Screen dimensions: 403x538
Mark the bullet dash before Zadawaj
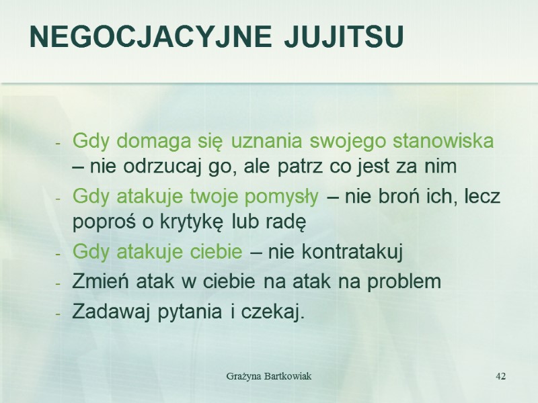point(59,313)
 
